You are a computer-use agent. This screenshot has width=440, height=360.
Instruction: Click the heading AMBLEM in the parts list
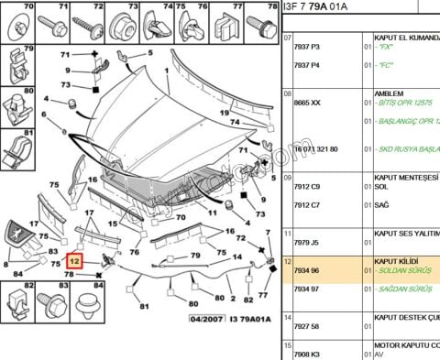pos(390,93)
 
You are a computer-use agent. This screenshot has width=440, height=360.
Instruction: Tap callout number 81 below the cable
pos(143,308)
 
